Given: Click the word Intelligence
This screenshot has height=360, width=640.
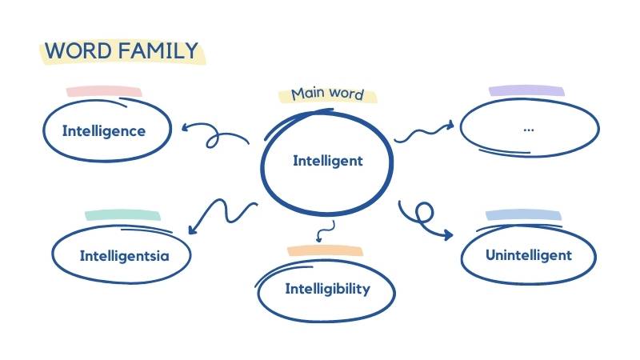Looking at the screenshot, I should coord(104,130).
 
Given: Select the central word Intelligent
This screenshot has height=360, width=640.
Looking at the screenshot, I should coord(327,161).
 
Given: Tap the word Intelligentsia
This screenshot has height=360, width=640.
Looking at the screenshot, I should coord(124,256).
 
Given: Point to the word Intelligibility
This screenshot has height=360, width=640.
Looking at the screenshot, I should coord(327,289).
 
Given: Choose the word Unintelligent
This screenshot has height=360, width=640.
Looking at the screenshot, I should coord(529,255).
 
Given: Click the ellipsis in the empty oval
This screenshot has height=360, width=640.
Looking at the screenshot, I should coord(528,128).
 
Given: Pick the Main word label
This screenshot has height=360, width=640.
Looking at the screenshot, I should coord(326,94).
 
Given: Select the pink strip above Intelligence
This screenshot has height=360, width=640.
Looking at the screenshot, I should coord(104,91).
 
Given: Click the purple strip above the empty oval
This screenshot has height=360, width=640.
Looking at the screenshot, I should coord(526,91).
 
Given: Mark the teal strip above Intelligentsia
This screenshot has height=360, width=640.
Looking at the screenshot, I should coord(123,215).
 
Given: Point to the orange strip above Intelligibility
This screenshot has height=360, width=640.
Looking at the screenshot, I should coord(325,250).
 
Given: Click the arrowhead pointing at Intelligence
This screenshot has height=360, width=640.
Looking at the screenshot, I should coord(186,126).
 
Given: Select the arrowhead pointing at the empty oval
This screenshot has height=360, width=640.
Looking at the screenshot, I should coord(450,124).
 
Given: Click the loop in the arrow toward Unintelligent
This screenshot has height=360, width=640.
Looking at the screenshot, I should coord(424,211).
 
